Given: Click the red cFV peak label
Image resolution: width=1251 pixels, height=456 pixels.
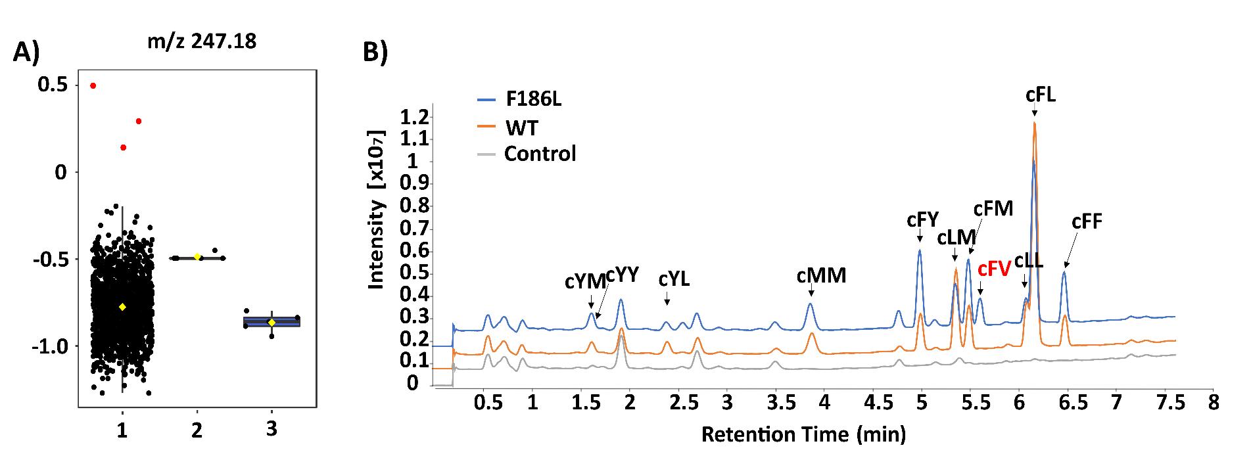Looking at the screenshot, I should point(993,269).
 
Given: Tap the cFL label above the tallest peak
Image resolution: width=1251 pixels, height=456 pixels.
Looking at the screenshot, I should point(1040,95).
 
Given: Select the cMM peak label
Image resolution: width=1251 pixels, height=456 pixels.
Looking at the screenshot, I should point(820,275).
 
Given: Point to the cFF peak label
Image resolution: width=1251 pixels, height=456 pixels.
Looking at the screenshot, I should point(1086,222).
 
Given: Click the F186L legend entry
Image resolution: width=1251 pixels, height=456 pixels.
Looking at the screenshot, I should point(533,99).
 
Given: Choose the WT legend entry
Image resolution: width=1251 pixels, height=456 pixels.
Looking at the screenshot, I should point(521,127).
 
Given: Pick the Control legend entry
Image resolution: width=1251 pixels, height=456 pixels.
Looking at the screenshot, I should point(540,154).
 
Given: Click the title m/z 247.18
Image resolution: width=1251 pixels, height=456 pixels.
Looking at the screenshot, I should point(202,41).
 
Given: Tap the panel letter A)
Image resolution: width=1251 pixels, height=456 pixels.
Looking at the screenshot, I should point(26,51).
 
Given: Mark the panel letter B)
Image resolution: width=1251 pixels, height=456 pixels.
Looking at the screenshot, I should point(375,52).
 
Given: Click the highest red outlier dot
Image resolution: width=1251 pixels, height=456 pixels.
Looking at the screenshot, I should point(93,86).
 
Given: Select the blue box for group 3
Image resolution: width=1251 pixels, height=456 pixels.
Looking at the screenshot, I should point(271,322).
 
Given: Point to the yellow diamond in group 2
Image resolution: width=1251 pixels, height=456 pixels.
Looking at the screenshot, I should point(197,257).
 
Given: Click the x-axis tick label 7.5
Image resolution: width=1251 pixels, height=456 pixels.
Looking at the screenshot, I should point(1170,402).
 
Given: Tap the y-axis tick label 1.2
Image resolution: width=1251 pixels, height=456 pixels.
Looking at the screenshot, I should point(414,118).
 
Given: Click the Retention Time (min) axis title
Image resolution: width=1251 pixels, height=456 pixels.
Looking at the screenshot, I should point(803,434).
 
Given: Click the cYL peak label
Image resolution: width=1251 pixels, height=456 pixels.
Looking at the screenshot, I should point(674,279).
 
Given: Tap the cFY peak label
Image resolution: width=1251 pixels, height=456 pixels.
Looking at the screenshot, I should point(922,219).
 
